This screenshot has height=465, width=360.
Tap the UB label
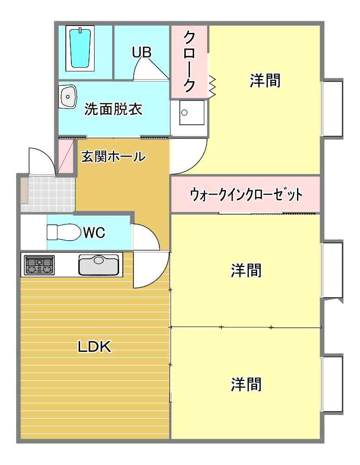tap(142, 52)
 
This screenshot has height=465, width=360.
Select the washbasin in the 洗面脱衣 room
tap(68, 97)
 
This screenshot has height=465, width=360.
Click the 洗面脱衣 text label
tap(113, 109)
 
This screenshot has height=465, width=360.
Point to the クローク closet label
tap(189, 61)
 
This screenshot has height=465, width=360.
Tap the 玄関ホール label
tap(113, 157)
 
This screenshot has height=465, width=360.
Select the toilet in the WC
tap(63, 232)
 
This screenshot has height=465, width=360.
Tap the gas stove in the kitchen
tap(39, 265)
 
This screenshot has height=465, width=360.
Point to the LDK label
tap(94, 346)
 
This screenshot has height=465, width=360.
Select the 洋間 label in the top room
tap(265, 81)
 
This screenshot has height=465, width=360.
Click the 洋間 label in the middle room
tap(246, 270)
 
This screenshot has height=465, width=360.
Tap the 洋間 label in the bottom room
tap(246, 384)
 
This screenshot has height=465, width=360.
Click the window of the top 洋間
tap(332, 108)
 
